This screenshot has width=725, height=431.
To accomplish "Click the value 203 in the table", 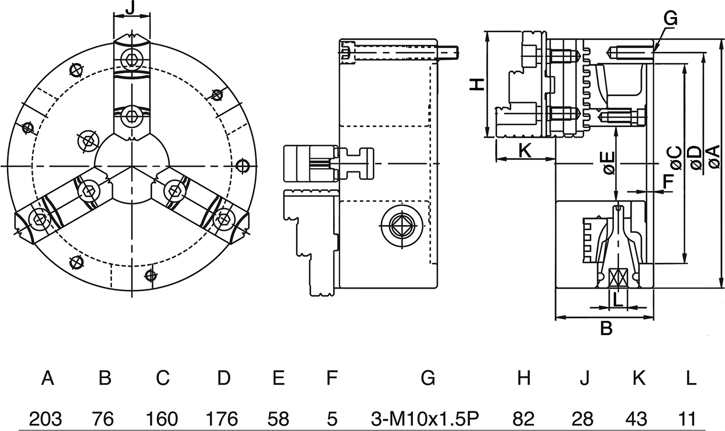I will [x=45, y=418].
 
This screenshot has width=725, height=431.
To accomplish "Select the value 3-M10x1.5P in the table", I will [x=427, y=418].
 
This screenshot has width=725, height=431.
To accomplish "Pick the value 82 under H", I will [x=523, y=418].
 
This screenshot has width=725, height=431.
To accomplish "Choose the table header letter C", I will [x=163, y=377].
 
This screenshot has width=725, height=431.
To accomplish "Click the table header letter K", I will [x=638, y=377].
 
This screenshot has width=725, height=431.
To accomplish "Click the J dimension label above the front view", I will [x=130, y=8].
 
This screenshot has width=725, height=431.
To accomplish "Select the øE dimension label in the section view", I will [x=608, y=163].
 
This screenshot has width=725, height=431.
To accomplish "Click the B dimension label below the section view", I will [x=606, y=328].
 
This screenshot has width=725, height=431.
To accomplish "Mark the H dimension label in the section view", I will [x=477, y=84].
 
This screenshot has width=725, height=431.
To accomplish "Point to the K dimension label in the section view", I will [x=524, y=151].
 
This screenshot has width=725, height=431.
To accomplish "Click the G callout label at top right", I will [x=670, y=18].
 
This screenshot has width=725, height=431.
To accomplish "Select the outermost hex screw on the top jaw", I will [x=130, y=59].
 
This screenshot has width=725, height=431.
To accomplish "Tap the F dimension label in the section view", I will [x=668, y=181].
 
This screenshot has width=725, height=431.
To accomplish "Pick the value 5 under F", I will [x=332, y=418].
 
